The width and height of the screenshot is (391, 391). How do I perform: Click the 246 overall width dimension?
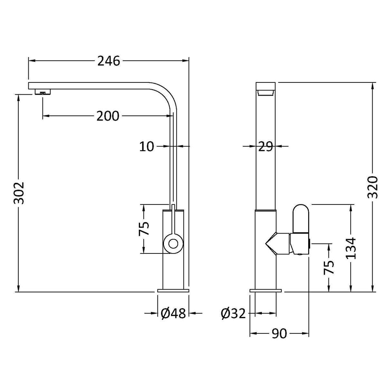tap(109, 61)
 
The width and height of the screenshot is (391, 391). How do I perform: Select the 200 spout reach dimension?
tap(108, 116)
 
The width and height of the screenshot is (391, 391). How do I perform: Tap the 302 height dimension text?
tap(19, 193)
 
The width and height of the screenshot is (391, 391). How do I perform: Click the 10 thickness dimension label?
tap(147, 147)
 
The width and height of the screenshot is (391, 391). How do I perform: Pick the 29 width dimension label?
tap(265, 147)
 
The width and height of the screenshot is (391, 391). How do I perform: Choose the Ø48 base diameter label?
tap(173, 313)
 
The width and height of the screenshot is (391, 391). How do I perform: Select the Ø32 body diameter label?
tap(234, 313)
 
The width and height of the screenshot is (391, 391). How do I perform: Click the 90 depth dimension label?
tap(279, 334)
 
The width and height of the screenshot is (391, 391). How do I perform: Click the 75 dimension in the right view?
tap(329, 267)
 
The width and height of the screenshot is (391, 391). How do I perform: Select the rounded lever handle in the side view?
tap(301, 218)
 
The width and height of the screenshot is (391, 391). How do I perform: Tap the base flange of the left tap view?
tap(173, 291)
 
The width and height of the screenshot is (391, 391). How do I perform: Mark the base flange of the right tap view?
tap(266, 291)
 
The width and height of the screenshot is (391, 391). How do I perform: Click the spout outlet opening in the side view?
tap(265, 93)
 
